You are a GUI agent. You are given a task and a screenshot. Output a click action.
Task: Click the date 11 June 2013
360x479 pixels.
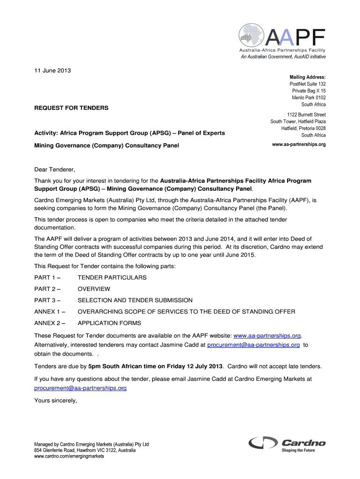(52, 71)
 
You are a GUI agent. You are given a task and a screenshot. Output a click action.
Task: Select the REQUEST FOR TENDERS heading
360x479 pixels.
(71, 108)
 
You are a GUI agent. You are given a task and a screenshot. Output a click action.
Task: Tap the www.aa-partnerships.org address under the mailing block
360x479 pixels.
(299, 145)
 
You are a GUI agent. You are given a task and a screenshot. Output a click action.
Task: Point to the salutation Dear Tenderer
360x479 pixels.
(55, 169)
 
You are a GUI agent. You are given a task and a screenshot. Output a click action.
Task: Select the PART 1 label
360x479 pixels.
(48, 278)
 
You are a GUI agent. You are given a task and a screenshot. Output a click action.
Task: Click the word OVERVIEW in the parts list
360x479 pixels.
(94, 289)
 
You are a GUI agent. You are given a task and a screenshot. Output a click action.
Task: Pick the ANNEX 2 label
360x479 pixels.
(50, 323)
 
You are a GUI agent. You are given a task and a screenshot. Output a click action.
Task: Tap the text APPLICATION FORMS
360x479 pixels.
(109, 323)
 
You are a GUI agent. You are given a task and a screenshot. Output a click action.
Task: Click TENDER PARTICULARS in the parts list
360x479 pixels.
(112, 278)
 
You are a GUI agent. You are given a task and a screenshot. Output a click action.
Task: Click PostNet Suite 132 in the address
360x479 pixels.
(308, 84)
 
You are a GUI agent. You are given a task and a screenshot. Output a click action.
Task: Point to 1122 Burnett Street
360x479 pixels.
(306, 115)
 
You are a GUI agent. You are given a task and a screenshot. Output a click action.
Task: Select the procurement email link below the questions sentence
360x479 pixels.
(80, 388)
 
